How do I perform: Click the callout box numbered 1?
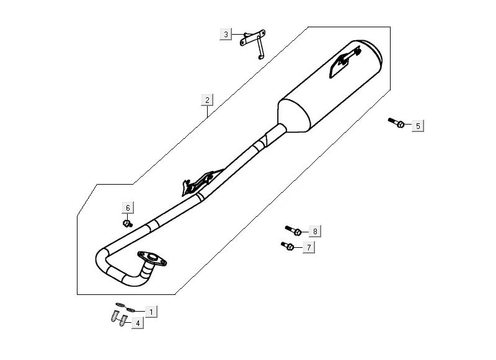151,310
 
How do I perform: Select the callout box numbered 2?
208,99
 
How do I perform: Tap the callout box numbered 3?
226,34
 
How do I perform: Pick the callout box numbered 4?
137,323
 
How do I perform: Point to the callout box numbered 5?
418,126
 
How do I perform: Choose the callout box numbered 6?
128,208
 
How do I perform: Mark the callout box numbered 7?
307,248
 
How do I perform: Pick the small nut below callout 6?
127,222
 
